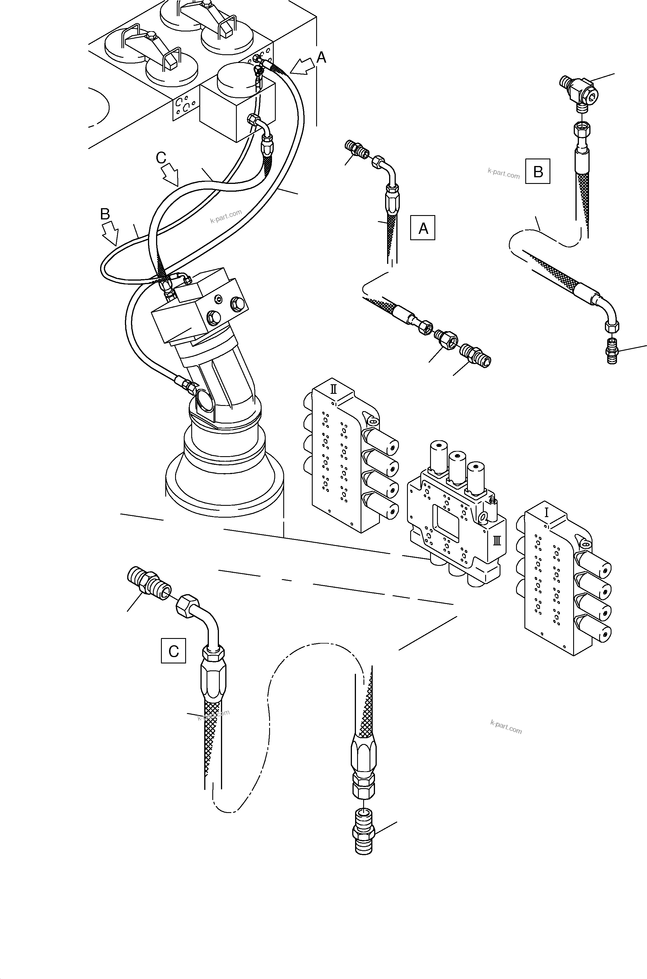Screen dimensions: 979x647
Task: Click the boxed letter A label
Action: click(423, 227)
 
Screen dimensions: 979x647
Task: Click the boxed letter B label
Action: click(538, 171)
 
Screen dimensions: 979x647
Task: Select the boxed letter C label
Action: click(173, 651)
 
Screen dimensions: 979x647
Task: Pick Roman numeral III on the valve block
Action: click(497, 540)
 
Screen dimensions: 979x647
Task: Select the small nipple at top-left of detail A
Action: click(357, 150)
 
